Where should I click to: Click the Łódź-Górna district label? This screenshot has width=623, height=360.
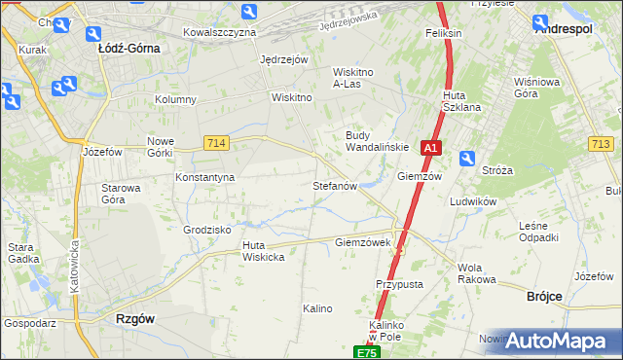click(128, 46)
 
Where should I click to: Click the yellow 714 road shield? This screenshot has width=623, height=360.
click(217, 143)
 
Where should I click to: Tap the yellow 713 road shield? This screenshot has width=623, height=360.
click(601, 144)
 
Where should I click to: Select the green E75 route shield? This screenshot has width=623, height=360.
click(365, 353)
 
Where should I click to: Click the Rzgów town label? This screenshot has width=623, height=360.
click(135, 318)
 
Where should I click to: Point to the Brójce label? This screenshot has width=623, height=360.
click(546, 296)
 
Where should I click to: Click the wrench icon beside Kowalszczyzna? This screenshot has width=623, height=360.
click(250, 13)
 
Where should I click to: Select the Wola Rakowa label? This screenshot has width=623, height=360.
click(476, 273)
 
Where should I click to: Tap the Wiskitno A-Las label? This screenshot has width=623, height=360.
click(361, 78)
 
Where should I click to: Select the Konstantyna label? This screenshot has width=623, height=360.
click(205, 178)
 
